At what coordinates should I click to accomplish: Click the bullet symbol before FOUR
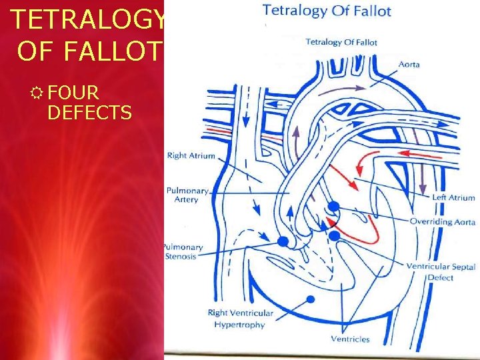[39, 93]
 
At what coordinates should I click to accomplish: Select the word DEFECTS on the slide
[89, 113]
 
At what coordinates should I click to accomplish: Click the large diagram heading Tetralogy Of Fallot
[327, 11]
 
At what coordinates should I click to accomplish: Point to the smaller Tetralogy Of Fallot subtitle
[341, 42]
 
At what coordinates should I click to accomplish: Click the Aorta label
[409, 64]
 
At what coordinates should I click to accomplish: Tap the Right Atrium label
[191, 156]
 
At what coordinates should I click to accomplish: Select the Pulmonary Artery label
[187, 195]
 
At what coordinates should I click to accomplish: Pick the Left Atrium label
[453, 197]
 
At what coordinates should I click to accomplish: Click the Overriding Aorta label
[442, 221]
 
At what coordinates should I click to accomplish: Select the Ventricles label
[349, 339]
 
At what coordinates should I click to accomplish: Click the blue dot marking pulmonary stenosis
[283, 241]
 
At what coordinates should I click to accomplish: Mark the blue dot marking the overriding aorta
[334, 207]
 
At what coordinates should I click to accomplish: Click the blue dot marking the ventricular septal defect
[334, 235]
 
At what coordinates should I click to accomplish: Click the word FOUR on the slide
[73, 93]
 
